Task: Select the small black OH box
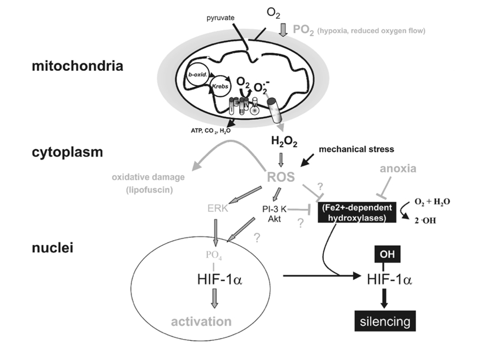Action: click(384, 254)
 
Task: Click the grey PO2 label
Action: click(309, 30)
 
